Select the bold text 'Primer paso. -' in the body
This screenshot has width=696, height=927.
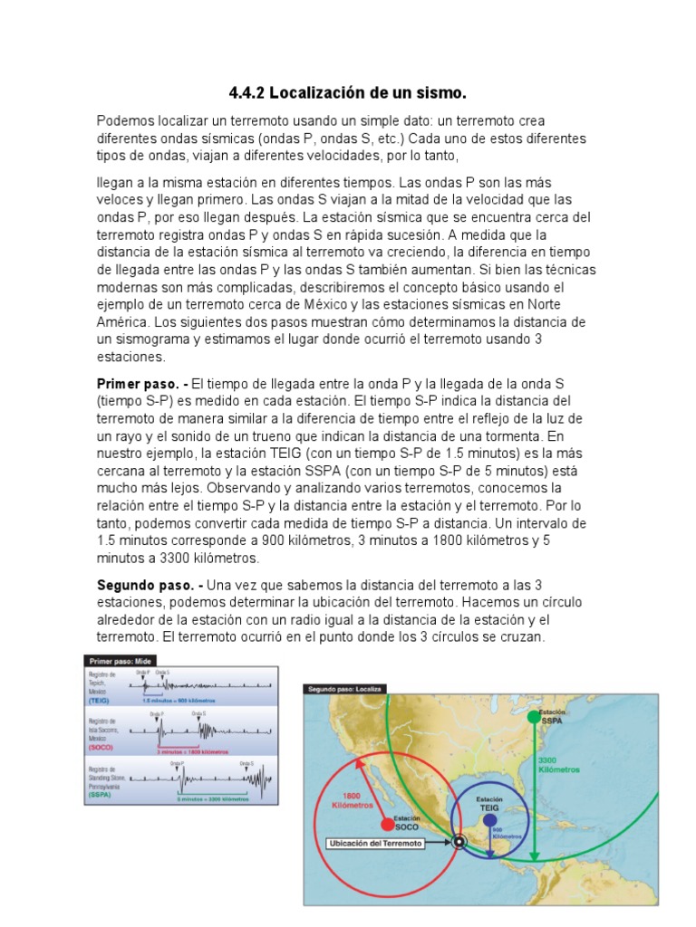[142, 385]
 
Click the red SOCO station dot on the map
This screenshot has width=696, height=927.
[388, 824]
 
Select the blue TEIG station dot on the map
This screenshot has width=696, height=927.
[490, 820]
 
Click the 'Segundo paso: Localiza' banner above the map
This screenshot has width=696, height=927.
[345, 689]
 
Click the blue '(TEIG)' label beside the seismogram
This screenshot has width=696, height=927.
[99, 701]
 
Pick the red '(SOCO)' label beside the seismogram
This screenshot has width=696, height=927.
[100, 749]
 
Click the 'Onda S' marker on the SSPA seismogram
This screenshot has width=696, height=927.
[246, 764]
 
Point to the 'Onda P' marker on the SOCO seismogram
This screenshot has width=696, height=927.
[157, 714]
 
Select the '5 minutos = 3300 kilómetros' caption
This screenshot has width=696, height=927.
[215, 798]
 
